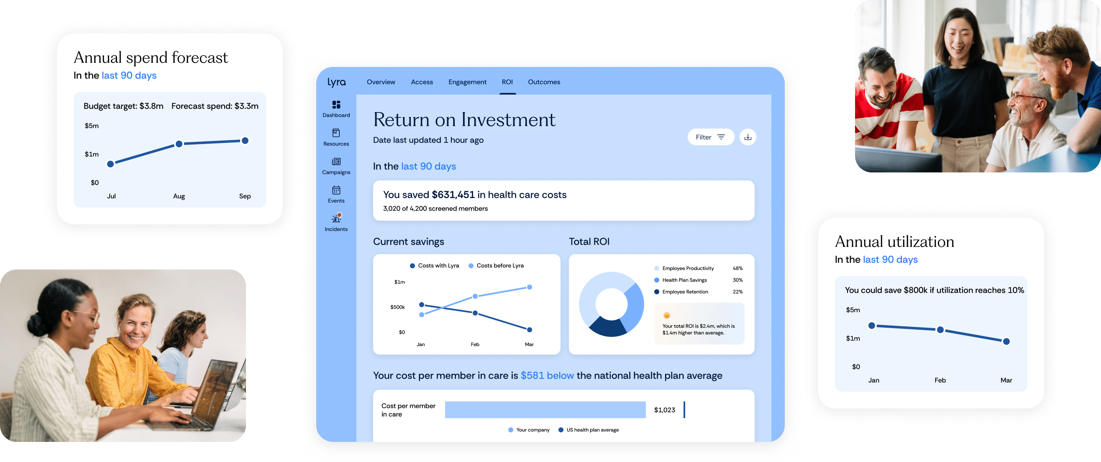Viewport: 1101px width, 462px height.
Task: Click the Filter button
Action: [x=710, y=137]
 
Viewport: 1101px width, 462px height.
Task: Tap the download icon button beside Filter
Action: [x=748, y=137]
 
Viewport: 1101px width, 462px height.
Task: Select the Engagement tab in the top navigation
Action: [x=467, y=82]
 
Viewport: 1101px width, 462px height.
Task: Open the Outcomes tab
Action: [x=544, y=82]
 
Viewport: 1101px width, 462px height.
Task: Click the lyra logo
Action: [x=336, y=82]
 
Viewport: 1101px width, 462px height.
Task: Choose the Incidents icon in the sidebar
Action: [x=336, y=218]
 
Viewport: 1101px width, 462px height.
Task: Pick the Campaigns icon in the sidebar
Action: [x=336, y=162]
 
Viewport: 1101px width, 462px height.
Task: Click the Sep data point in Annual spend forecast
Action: [x=245, y=141]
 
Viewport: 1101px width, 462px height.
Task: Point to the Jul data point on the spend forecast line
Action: [x=111, y=164]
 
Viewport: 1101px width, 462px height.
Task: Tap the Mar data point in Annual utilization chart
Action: [x=1006, y=341]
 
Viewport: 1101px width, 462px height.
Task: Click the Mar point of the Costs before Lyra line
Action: [x=530, y=287]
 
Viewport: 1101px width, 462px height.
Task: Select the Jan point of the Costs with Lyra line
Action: [x=422, y=305]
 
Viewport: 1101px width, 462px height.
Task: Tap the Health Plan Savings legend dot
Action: [x=656, y=280]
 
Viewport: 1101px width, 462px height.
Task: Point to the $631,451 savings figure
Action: [x=453, y=195]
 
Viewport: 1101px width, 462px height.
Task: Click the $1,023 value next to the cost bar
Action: [x=665, y=410]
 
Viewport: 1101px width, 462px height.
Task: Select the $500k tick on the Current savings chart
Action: [x=397, y=307]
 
